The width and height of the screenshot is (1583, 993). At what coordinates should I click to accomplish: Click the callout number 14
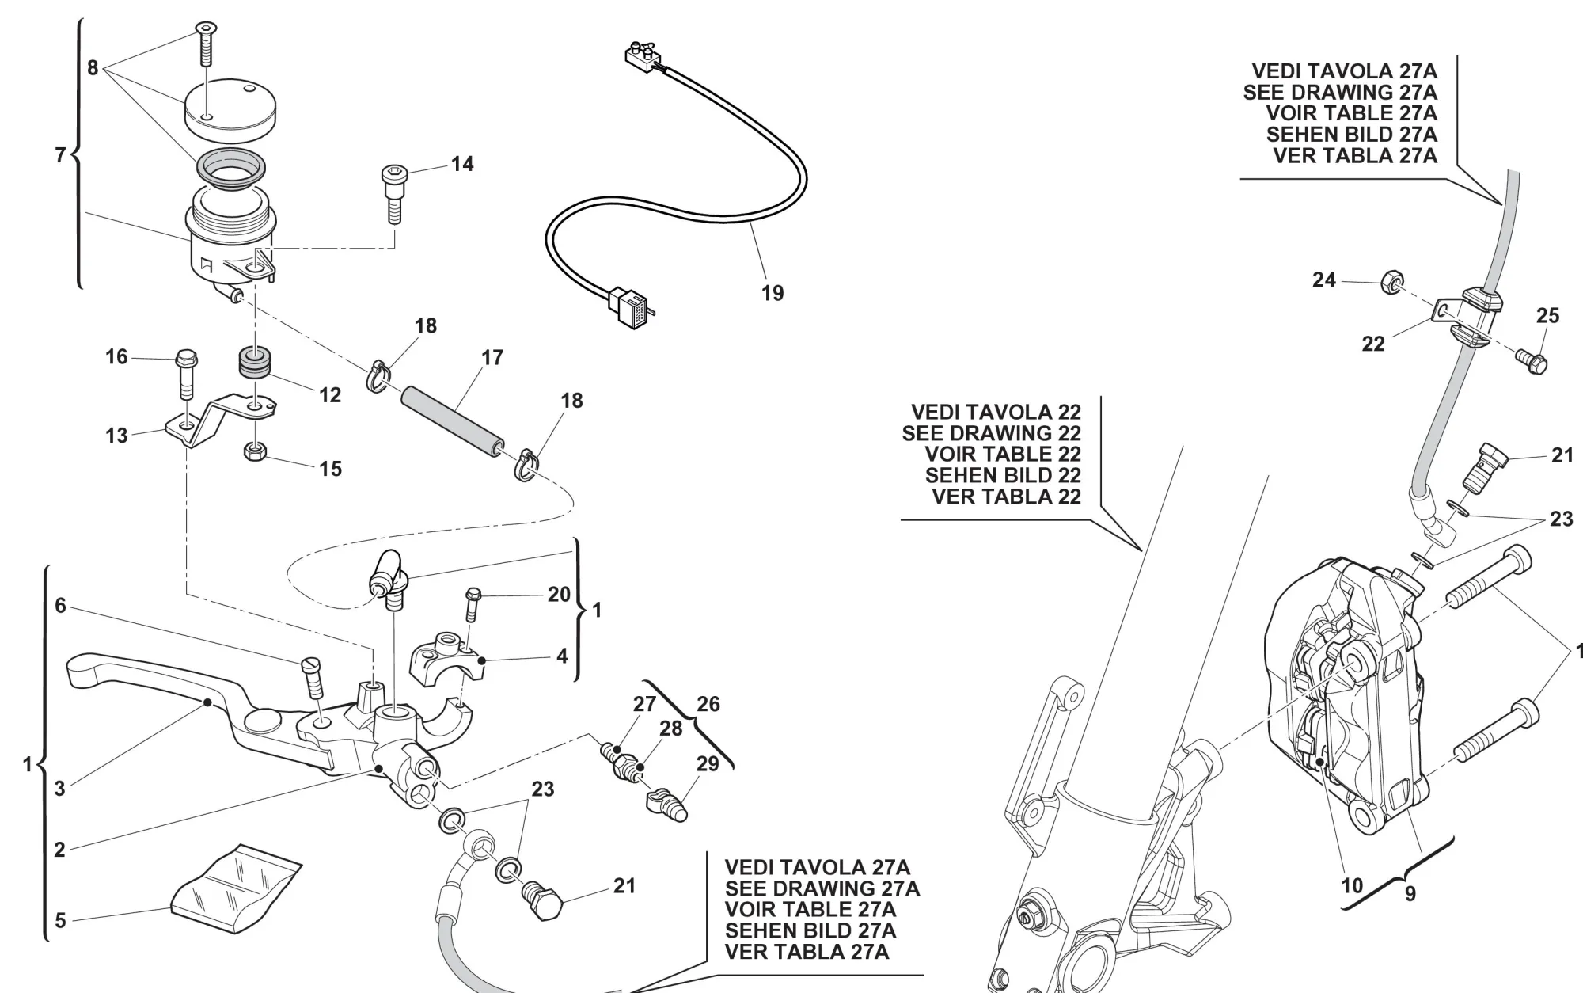tap(462, 164)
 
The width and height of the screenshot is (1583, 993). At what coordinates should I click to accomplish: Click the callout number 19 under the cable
tap(773, 293)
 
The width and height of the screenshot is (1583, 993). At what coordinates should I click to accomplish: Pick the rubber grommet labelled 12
tap(254, 363)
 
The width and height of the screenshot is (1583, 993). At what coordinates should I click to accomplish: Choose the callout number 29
tap(707, 763)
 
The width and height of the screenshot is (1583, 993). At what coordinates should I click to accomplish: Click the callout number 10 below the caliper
tap(1352, 885)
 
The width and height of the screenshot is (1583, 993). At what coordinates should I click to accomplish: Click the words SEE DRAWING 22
tap(991, 433)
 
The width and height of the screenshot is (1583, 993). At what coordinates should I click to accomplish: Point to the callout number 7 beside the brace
tap(60, 155)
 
